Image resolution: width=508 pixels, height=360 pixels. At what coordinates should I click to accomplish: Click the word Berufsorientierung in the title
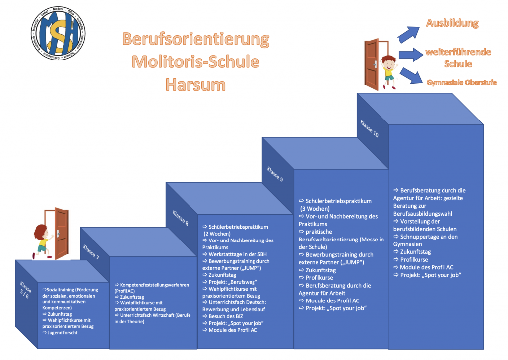coord(195,39)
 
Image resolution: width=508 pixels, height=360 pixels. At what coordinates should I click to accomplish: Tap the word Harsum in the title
coord(195,84)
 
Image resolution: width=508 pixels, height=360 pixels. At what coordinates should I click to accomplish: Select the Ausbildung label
coord(452,23)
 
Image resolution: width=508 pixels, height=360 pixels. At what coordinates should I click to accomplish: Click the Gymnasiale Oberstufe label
coord(461,82)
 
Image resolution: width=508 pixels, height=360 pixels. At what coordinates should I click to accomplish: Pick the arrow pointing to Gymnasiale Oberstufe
coord(409,75)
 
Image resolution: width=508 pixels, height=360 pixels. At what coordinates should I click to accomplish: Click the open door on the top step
coord(372,64)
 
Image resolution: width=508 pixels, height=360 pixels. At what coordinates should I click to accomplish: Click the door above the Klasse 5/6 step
coord(60,233)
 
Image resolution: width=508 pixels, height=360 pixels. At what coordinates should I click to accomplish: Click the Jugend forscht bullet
coord(62,332)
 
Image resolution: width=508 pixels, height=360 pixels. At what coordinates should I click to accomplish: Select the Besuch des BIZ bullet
coord(223,316)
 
